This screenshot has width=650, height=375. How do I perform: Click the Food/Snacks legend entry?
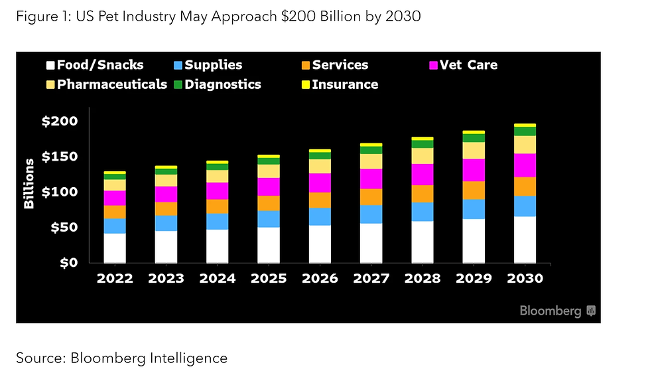click(94, 65)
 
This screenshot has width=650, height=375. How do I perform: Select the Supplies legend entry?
click(207, 65)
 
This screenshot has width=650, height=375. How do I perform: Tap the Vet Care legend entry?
click(463, 65)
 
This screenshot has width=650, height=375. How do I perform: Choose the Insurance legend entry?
click(338, 84)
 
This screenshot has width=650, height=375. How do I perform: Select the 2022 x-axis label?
click(115, 279)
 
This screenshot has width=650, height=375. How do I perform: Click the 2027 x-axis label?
click(371, 279)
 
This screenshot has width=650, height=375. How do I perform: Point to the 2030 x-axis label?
click(525, 279)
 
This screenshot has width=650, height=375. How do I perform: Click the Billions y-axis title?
click(29, 184)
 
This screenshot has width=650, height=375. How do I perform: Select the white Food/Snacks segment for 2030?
click(525, 240)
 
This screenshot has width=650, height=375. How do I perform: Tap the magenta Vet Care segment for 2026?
click(320, 183)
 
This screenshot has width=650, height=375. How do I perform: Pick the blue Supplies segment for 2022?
click(115, 226)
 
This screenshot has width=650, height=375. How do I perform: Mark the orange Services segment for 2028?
click(422, 194)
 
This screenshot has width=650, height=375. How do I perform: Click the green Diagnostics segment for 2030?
click(525, 131)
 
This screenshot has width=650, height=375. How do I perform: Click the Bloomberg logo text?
click(550, 311)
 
